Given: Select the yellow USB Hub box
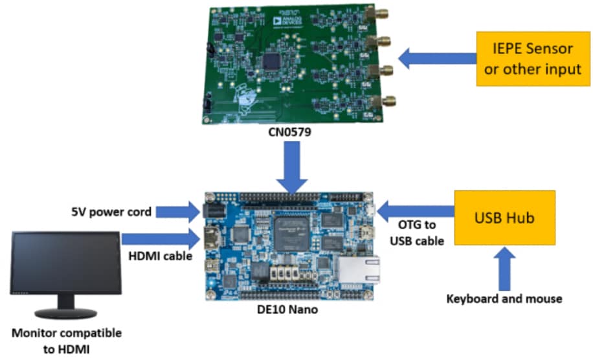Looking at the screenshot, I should click(x=505, y=218).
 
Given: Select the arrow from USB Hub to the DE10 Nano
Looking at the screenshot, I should click(x=414, y=210).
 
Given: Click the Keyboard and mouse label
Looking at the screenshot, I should click(x=504, y=298).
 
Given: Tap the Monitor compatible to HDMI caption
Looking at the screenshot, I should click(x=67, y=341).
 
